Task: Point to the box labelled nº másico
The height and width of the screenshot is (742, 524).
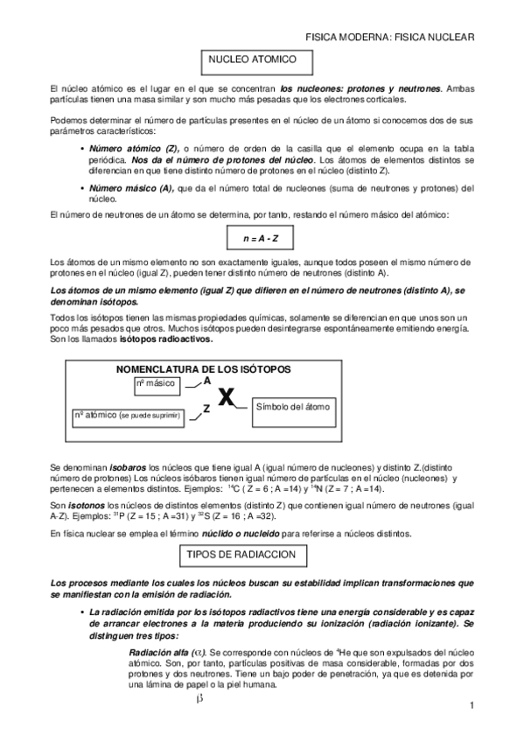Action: click(156, 384)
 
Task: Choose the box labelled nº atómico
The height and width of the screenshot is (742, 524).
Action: click(126, 414)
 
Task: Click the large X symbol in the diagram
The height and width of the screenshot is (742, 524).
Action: click(227, 398)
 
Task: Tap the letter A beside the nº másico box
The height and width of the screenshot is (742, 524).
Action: click(207, 381)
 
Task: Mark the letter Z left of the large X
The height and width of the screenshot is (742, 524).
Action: click(206, 408)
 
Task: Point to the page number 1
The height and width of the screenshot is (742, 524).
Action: click(472, 706)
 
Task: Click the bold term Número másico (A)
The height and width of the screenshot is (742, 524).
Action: click(131, 188)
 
